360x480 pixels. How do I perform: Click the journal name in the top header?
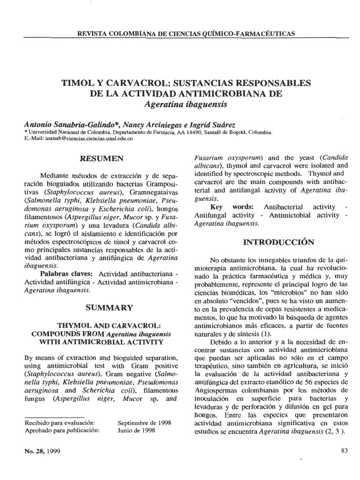click(x=182, y=34)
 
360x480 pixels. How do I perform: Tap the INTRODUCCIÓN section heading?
click(x=271, y=242)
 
